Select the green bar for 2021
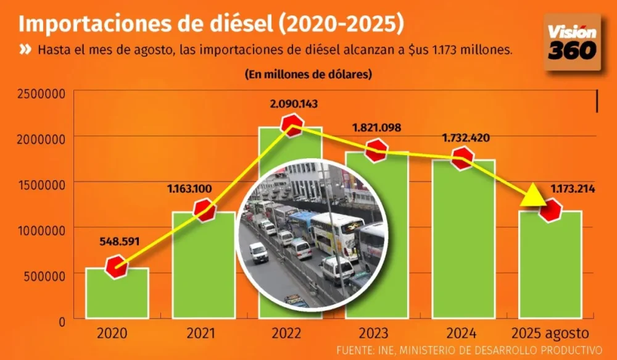coord(204,266)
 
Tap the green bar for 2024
coord(463,241)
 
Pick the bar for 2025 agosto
coord(550,266)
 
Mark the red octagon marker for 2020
coord(116,268)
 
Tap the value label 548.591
coord(118,241)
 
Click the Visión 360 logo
coord(573,42)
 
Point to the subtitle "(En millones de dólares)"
coord(308,74)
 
